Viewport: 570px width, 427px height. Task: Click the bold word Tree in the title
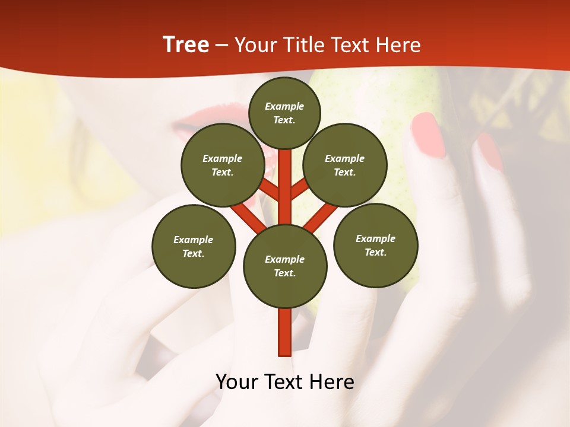(186, 45)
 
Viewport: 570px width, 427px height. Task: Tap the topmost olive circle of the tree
(284, 113)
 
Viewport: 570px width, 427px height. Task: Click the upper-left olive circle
(222, 165)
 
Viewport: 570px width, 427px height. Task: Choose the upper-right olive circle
(345, 165)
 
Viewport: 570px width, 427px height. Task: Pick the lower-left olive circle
(194, 246)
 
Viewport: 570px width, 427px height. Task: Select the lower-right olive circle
(376, 245)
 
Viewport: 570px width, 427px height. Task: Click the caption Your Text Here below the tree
(285, 382)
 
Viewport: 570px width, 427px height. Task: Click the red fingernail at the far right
(490, 152)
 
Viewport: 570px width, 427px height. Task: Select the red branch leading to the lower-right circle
(321, 217)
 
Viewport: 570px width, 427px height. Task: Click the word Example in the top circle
(284, 106)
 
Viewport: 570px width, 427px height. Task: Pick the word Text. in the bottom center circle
(284, 273)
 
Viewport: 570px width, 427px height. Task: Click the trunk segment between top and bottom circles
(285, 190)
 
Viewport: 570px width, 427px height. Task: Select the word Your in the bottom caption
(236, 382)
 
